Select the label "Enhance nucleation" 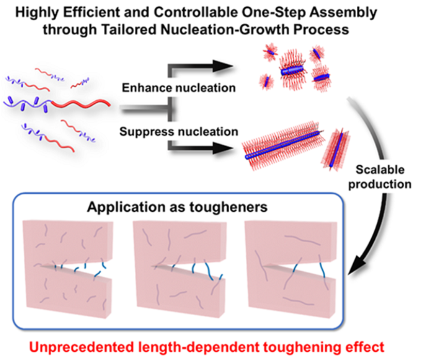[x=179, y=88]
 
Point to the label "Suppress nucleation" [x=179, y=132]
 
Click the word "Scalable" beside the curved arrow [x=380, y=169]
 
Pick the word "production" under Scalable [x=380, y=184]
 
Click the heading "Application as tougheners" [x=178, y=207]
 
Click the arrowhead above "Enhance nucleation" [x=223, y=67]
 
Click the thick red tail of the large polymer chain [x=81, y=103]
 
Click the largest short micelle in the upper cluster [x=292, y=70]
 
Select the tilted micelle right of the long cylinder [x=336, y=150]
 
